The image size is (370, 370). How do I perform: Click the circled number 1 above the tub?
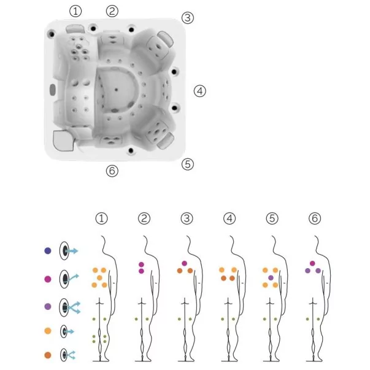[x=75, y=11]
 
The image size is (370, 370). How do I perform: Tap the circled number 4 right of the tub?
[x=200, y=91]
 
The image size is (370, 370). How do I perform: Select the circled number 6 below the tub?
[x=112, y=171]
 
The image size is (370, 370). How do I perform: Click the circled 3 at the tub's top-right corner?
[x=188, y=18]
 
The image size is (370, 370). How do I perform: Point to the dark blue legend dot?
[x=48, y=250]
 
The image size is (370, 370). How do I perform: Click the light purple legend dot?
[x=48, y=307]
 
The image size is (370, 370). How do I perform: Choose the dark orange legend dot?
[x=48, y=355]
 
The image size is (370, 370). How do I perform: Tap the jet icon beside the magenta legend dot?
[x=69, y=279]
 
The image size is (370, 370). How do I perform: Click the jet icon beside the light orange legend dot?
[x=67, y=331]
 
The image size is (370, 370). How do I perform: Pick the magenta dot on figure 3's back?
[x=185, y=263]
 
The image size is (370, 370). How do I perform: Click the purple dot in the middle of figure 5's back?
[x=271, y=278]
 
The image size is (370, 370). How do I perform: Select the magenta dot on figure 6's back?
[x=312, y=263]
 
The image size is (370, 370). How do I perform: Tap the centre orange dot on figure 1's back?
[x=99, y=278]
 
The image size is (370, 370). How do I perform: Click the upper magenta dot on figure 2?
[x=141, y=264]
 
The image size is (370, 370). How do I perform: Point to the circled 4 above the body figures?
[x=229, y=218]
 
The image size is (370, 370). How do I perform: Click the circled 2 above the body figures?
[x=144, y=218]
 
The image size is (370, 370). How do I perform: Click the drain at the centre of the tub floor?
[x=116, y=90]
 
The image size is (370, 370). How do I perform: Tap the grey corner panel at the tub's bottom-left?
[x=63, y=141]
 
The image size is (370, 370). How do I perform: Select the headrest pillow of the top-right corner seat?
[x=166, y=38]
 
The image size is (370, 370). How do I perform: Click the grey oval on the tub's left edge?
[x=52, y=90]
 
